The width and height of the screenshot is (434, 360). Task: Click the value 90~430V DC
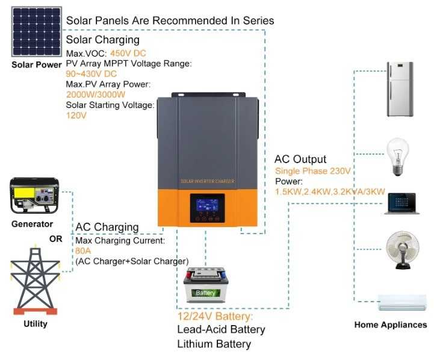[91, 73]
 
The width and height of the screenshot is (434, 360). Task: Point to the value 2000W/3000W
[95, 95]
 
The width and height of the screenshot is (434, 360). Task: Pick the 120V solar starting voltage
[76, 116]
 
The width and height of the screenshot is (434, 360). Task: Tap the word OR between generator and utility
[55, 239]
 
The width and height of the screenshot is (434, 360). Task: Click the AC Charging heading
[107, 227]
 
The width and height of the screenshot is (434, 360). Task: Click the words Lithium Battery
[213, 344]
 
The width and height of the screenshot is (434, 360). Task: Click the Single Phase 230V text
[312, 172]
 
